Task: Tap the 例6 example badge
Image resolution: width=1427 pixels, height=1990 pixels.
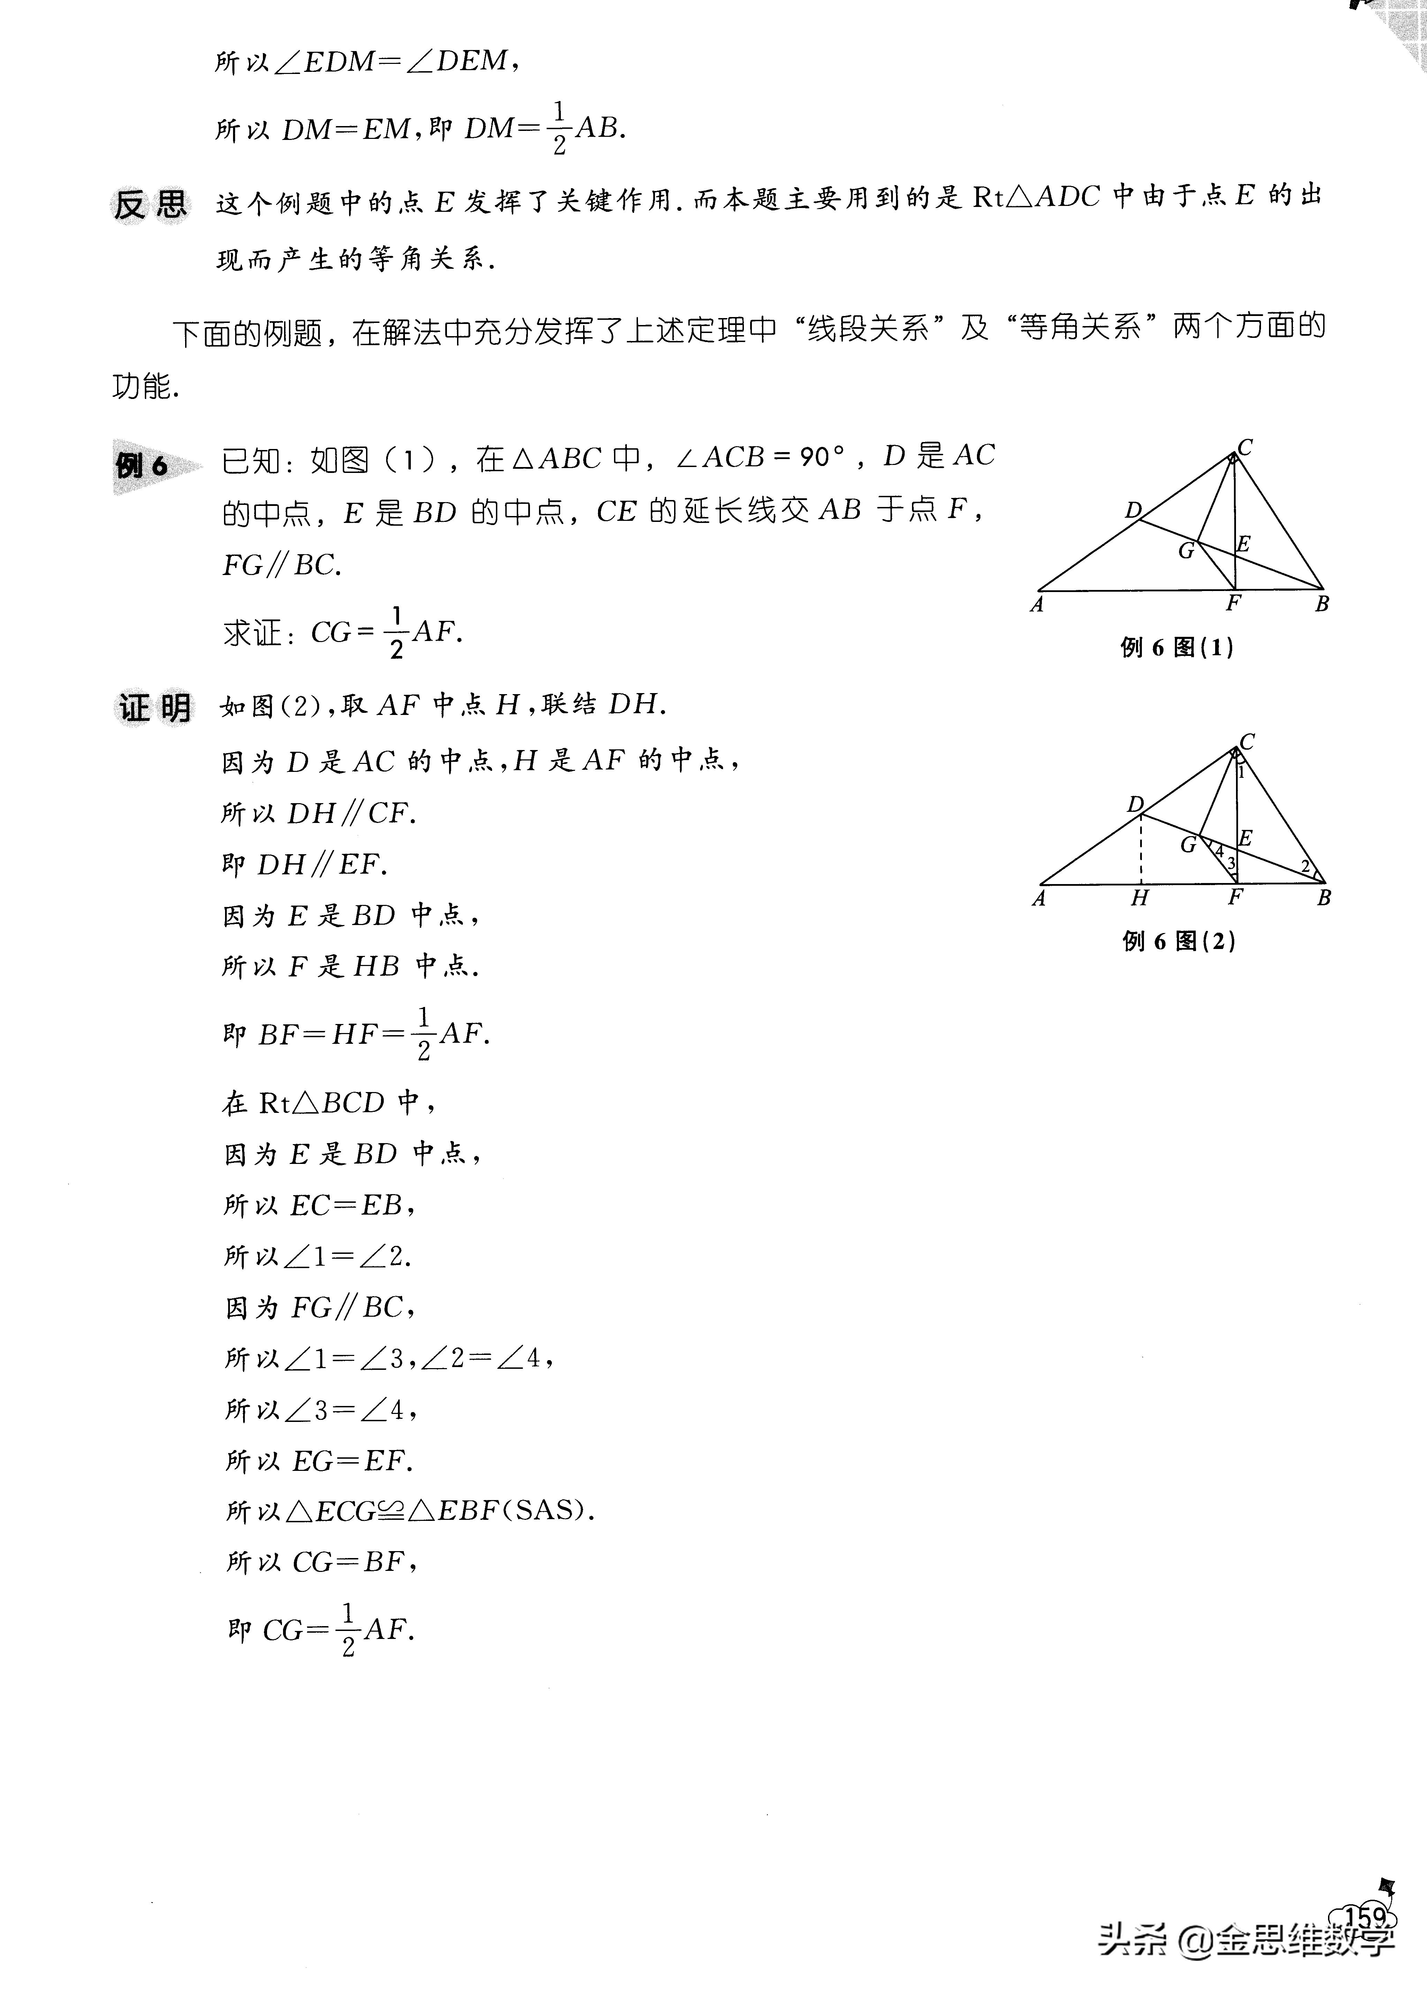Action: point(143,465)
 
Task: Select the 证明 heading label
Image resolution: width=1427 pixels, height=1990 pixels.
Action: point(155,707)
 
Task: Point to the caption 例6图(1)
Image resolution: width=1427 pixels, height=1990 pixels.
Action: point(1177,648)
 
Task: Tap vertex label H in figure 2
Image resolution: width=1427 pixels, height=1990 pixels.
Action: point(1139,898)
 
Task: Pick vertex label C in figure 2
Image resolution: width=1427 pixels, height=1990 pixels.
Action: point(1247,741)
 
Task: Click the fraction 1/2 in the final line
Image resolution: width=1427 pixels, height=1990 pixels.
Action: point(348,1629)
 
